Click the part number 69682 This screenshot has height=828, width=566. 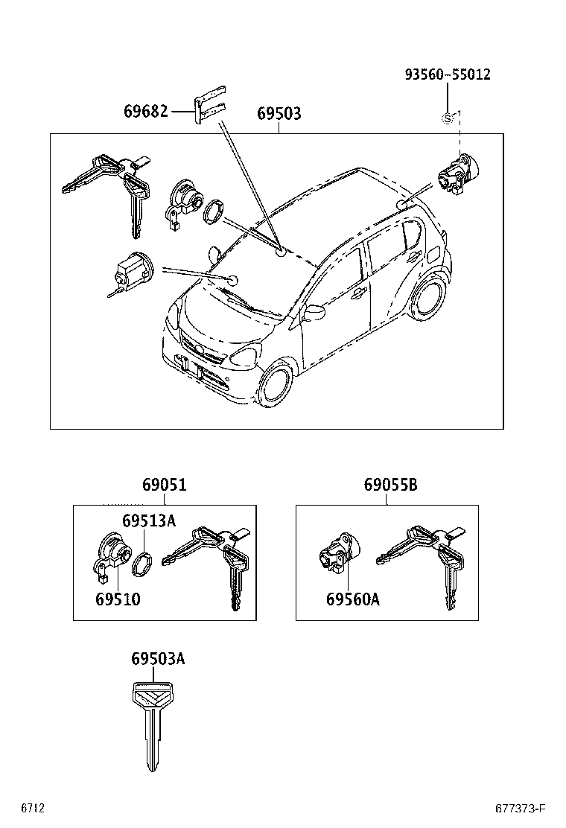tap(147, 112)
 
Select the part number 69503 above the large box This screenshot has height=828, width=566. tap(279, 114)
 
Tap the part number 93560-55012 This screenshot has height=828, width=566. tap(448, 74)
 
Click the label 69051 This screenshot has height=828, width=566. tap(165, 485)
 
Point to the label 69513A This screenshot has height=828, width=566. tap(149, 520)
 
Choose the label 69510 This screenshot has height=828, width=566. tap(118, 599)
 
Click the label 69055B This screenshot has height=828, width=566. tap(390, 485)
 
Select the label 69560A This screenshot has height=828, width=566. tap(352, 599)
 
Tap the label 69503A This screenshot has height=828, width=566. tap(158, 659)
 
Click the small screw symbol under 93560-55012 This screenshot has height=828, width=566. tap(448, 118)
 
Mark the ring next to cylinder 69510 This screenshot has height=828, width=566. tap(141, 564)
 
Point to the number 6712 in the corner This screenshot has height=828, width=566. tap(33, 809)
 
